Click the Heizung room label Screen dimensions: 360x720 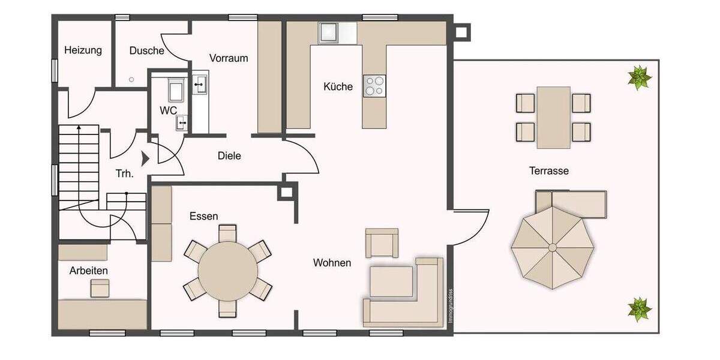point(83,50)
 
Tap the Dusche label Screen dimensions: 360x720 point(146,51)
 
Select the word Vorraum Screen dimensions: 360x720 point(229,58)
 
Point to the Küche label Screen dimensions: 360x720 point(338,86)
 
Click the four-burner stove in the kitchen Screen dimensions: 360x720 point(374,86)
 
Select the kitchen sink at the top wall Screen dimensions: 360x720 point(329,32)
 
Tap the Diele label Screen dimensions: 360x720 point(229,156)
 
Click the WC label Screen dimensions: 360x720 point(167,111)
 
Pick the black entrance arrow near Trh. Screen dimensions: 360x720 point(145,158)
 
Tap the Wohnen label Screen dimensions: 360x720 point(332,263)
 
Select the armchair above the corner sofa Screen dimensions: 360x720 point(382,242)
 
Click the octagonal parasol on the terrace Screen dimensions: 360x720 point(553,247)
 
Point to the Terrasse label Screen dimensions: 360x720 point(548,171)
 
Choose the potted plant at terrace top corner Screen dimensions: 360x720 point(640,77)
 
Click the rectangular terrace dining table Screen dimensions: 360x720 point(553,117)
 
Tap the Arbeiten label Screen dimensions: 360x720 point(89,271)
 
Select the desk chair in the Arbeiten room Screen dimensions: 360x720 point(100,289)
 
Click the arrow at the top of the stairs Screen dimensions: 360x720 point(78,128)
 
